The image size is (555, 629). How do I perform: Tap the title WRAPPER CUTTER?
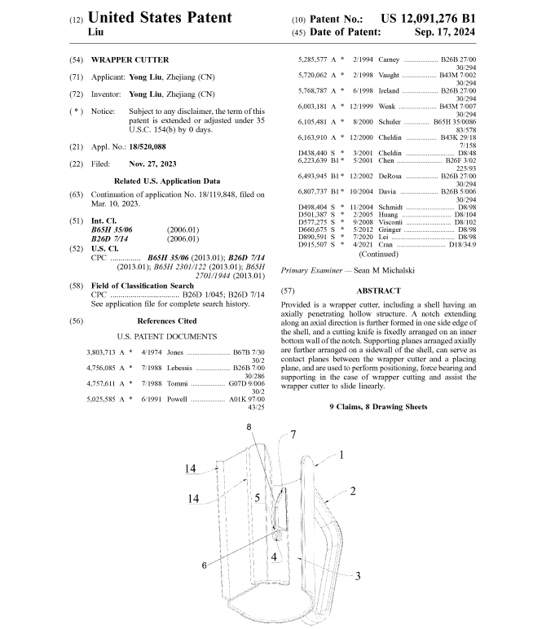coord(130,60)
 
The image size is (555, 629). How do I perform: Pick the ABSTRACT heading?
coord(378,290)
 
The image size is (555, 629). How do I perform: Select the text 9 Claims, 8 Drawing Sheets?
coord(378,406)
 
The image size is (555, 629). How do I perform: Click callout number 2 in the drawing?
coord(354,491)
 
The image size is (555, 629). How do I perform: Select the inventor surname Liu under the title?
coord(97,33)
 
